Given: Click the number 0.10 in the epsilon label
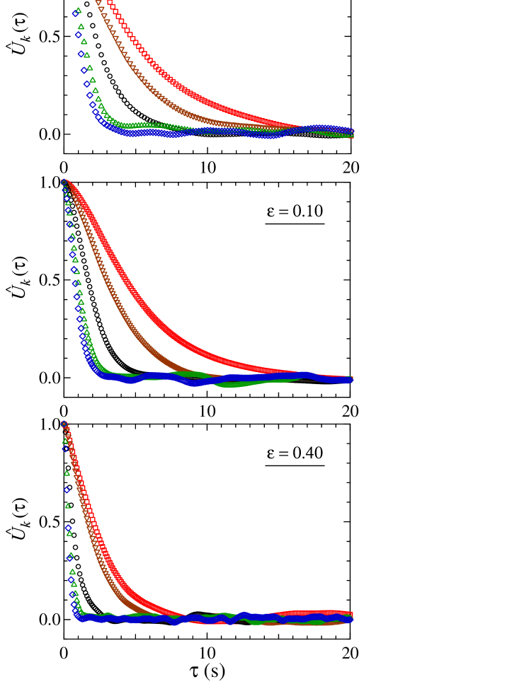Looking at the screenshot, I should [x=308, y=211].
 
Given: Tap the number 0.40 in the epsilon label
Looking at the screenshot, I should [x=308, y=453].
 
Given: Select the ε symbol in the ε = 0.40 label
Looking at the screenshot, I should [x=270, y=453].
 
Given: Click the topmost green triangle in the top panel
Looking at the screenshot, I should [x=78, y=10].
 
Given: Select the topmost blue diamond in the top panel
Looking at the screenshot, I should [x=75, y=13].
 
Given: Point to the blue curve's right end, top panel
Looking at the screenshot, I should [x=351, y=130].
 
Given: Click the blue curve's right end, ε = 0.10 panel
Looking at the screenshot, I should [x=351, y=380].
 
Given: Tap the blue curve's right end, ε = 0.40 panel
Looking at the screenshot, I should [x=351, y=619].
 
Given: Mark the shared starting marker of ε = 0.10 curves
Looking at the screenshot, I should [x=64, y=182].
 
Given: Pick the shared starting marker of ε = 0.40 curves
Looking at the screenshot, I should [x=64, y=424].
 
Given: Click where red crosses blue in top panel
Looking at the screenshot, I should [x=301, y=129].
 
